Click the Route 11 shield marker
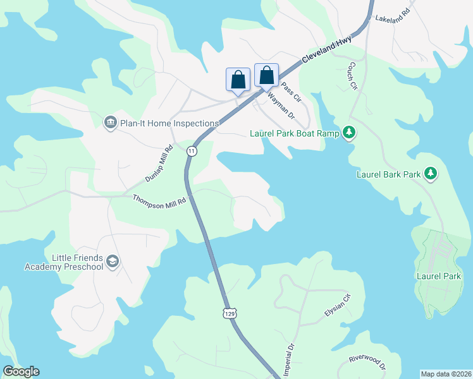pos(192,151)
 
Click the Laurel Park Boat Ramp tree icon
pos(348,133)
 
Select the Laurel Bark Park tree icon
pos(431,172)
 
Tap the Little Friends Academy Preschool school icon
pos(113,262)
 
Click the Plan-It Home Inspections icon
pos(110,121)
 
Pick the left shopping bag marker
pos(238,80)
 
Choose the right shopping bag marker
pos(267,75)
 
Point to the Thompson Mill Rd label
pos(160,200)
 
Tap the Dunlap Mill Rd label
pos(159,165)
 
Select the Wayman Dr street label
pos(281,105)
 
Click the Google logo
pos(21,371)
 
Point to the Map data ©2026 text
pos(446,373)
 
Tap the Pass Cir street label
pos(291,92)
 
